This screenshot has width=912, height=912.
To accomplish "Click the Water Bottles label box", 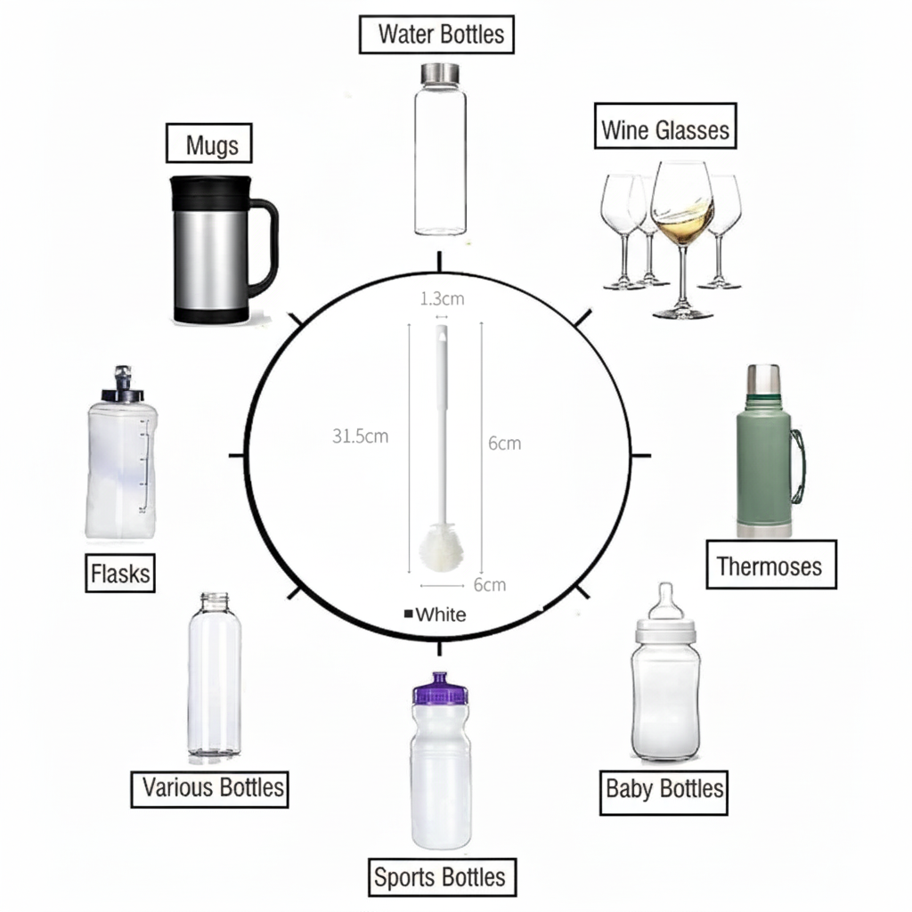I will (x=437, y=36).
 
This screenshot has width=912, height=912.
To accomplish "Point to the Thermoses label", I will (x=770, y=565).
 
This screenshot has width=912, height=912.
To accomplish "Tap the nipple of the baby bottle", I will (x=664, y=602).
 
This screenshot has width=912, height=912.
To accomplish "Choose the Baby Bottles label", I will (x=664, y=788).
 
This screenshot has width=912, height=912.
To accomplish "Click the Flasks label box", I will (x=121, y=573).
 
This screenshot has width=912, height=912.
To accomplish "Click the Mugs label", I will (x=213, y=144).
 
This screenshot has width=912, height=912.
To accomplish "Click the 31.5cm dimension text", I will (x=360, y=436).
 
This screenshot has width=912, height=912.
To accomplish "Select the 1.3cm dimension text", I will (x=442, y=299).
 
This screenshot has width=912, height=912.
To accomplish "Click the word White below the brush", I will (x=440, y=615).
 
